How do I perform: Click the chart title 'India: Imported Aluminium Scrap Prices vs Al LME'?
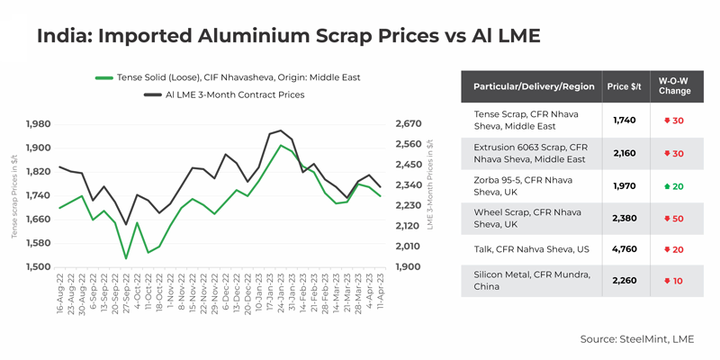[x=288, y=36]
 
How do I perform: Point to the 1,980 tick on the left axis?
[x=39, y=124]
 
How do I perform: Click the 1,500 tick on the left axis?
[x=39, y=267]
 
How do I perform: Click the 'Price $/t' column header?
[x=624, y=86]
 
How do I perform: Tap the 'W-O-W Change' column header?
[x=674, y=86]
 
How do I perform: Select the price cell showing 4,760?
[x=624, y=249]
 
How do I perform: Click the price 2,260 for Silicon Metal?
[x=624, y=281]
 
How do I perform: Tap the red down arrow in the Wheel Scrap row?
[x=667, y=218]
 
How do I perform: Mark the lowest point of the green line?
[x=126, y=258]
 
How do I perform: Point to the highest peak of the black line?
[x=281, y=130]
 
